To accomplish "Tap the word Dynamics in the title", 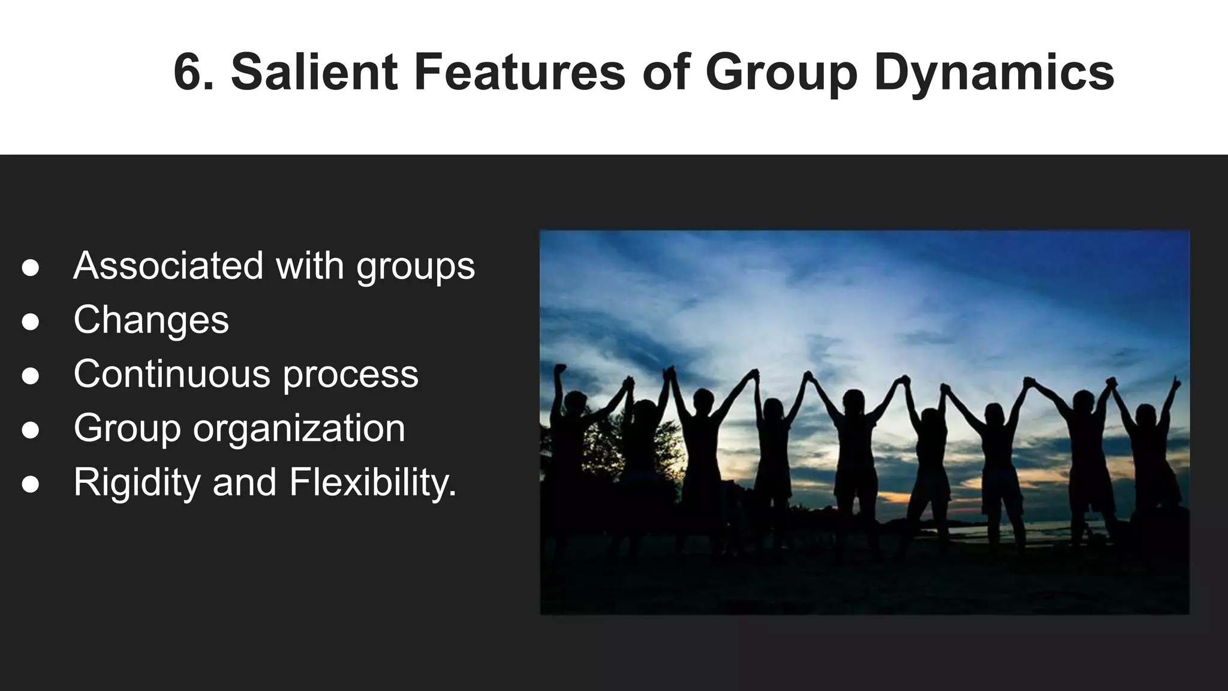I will tap(994, 73).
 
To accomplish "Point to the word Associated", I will tap(168, 265).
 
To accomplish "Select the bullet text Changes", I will tap(151, 320).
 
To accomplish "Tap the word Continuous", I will tap(171, 373).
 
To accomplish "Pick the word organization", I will tap(299, 428).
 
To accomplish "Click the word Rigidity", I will tap(137, 482).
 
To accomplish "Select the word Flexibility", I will tap(372, 482).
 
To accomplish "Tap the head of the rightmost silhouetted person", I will tap(1145, 415).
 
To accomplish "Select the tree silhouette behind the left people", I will tap(606, 444).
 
